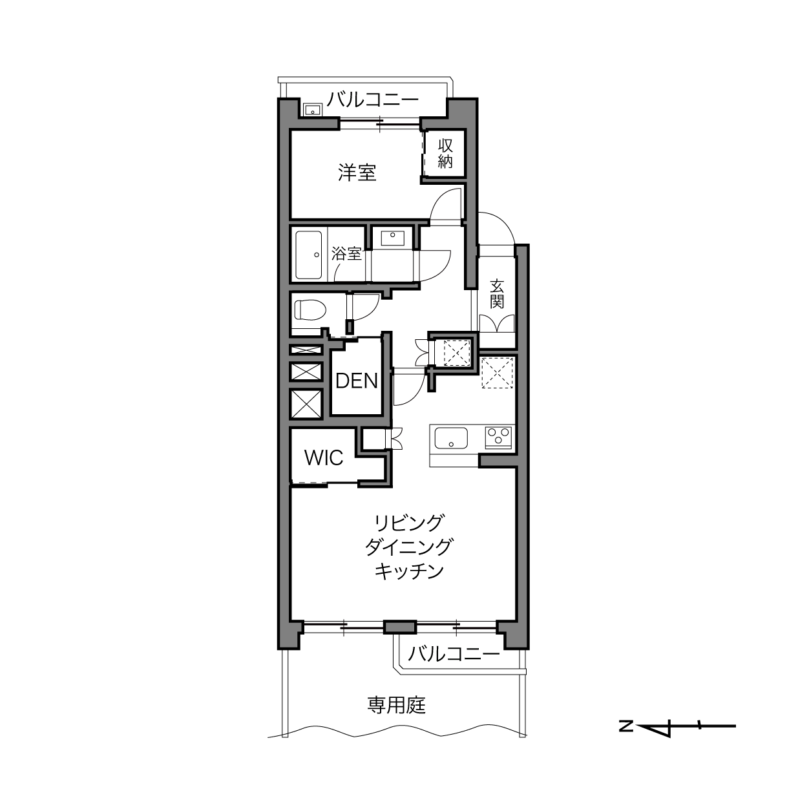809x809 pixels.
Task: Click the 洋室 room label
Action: tap(357, 173)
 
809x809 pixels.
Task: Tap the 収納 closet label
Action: tap(445, 153)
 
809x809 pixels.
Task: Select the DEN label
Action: tap(357, 381)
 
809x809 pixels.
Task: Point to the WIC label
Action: tap(324, 457)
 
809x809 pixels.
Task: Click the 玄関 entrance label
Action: tap(496, 294)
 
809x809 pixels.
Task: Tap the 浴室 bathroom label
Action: tap(346, 253)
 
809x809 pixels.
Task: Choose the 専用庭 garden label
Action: tap(397, 706)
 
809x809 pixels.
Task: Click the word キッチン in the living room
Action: tap(409, 571)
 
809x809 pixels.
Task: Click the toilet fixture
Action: tap(310, 310)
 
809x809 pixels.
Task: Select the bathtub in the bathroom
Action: tap(309, 255)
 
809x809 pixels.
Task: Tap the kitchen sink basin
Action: tap(451, 438)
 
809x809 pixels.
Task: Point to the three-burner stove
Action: tap(498, 437)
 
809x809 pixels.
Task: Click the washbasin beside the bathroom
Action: tap(392, 238)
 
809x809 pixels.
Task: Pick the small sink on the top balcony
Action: tap(312, 110)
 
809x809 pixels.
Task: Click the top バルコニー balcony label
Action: tap(373, 100)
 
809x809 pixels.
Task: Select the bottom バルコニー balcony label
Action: tap(454, 654)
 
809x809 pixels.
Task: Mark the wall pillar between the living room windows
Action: tap(400, 627)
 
